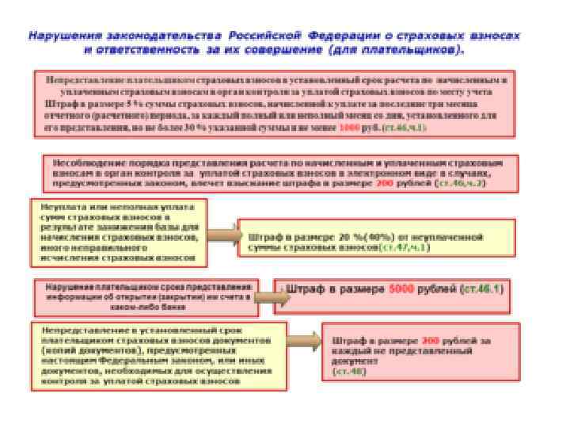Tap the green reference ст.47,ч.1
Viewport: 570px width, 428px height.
point(405,247)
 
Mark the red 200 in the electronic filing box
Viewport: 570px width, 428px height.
point(384,182)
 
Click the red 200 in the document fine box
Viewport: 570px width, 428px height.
point(431,340)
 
